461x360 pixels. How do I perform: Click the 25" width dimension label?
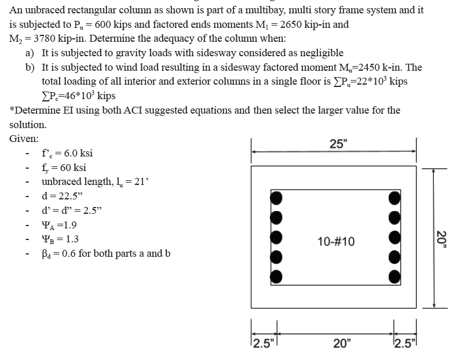pyautogui.click(x=338, y=144)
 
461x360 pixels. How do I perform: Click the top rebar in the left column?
pyautogui.click(x=277, y=198)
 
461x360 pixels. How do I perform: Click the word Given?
pyautogui.click(x=24, y=139)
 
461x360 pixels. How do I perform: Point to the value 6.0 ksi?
pyautogui.click(x=76, y=154)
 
